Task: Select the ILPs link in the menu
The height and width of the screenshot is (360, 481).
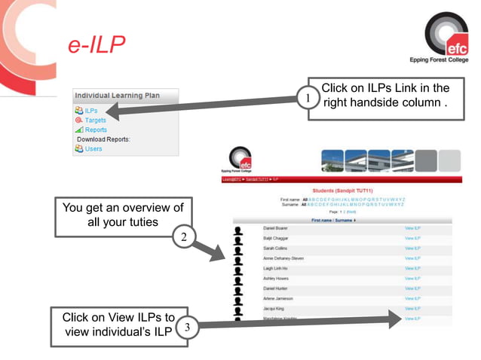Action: click(91, 111)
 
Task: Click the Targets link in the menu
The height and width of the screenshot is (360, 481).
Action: click(95, 121)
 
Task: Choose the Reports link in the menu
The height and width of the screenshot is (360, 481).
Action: click(96, 130)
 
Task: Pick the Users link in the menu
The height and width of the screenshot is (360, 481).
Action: click(93, 148)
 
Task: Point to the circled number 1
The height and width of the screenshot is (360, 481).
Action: click(305, 99)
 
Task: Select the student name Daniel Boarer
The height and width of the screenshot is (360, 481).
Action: click(275, 227)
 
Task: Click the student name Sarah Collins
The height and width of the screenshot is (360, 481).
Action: click(274, 248)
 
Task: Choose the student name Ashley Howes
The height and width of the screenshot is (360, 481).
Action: click(276, 279)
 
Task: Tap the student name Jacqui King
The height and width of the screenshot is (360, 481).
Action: click(274, 309)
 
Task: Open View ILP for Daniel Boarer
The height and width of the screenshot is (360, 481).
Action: click(412, 227)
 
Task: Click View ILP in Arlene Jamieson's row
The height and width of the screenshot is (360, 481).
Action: click(412, 299)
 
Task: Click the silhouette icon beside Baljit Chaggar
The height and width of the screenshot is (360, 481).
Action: click(239, 239)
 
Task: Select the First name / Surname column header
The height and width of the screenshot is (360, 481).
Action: click(333, 220)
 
